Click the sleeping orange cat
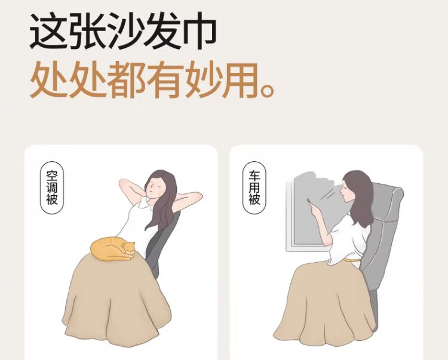tap(112, 249)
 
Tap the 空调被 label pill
tap(52, 188)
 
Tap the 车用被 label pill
tap(254, 187)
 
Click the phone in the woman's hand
tap(309, 202)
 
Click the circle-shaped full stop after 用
tap(268, 90)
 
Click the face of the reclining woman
tap(154, 187)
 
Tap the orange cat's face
tap(130, 249)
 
